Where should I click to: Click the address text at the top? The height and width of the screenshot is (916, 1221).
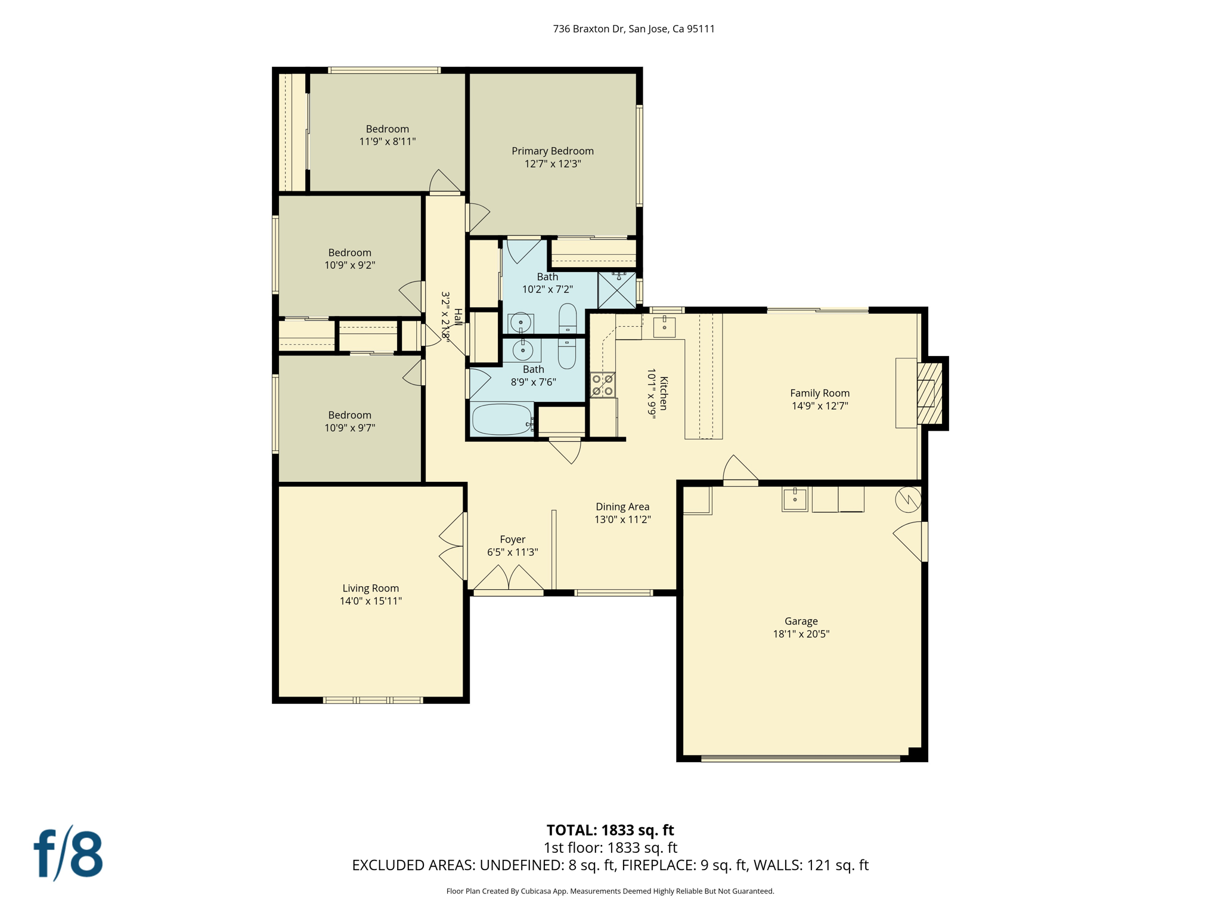pos(634,29)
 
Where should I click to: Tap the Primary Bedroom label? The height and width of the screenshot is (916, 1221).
pos(552,151)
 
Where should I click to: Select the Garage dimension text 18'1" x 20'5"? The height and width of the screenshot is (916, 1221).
pos(801,634)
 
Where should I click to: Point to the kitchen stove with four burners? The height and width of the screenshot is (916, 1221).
pos(602,385)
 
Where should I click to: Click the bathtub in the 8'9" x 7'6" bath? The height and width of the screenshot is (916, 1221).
pos(501,419)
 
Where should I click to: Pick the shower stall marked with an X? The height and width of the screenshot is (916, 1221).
pos(616,290)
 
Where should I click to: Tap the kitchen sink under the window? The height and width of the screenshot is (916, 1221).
pos(664,327)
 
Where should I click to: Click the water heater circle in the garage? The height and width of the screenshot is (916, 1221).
pos(907,499)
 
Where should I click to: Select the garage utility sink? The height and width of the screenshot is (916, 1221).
pos(795,499)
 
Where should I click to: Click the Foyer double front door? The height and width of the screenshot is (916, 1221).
pos(509,578)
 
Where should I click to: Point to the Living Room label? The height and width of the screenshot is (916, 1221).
pos(370,588)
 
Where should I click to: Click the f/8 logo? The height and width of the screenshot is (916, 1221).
pos(68,853)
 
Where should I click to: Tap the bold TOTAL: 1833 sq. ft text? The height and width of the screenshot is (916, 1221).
pos(610,830)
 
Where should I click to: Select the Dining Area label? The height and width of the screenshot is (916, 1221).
pos(622,506)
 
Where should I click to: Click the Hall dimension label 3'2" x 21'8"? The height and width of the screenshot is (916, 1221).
pos(446,316)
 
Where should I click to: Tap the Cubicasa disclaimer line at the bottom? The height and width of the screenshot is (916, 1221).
pos(610,891)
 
